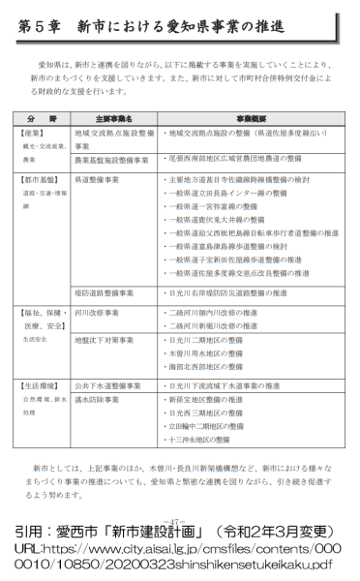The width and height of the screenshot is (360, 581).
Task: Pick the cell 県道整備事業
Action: coord(105,180)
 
